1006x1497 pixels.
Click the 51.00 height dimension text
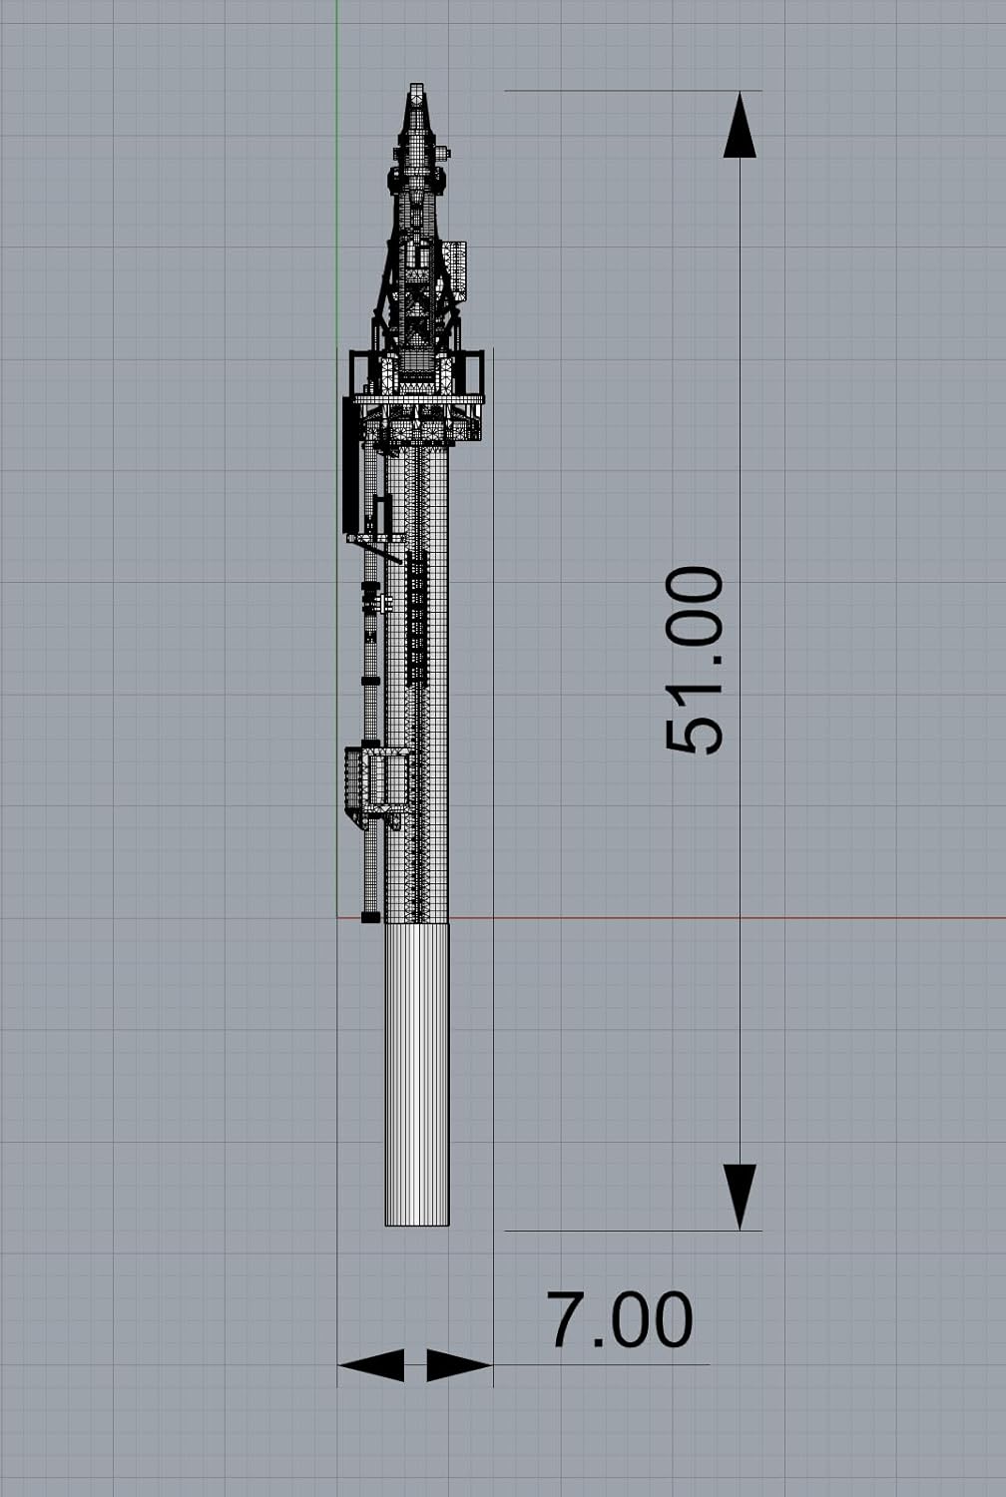(x=695, y=661)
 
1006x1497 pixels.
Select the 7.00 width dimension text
(x=620, y=1319)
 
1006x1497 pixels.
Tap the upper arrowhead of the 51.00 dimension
(x=740, y=125)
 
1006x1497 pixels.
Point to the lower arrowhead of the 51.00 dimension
(x=740, y=1197)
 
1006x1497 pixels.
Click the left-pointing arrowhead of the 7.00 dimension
(x=371, y=1364)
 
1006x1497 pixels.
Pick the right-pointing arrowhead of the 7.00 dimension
(x=459, y=1364)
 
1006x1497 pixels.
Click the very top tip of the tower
(x=416, y=84)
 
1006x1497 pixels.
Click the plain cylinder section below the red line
(x=417, y=1074)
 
